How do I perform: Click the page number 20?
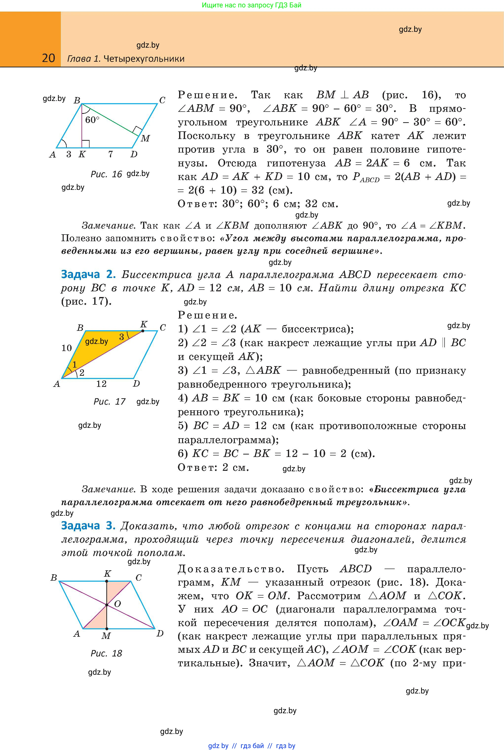(x=49, y=58)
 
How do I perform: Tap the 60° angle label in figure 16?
(x=92, y=120)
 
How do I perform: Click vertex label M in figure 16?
(x=145, y=138)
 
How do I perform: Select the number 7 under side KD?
(x=110, y=154)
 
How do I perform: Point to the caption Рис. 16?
(x=106, y=174)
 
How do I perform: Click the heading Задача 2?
(x=88, y=274)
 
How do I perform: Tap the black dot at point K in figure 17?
(x=143, y=331)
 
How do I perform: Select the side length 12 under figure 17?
(x=101, y=383)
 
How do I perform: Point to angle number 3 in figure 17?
(x=122, y=337)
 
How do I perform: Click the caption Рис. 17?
(x=109, y=401)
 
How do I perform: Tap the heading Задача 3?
(x=88, y=526)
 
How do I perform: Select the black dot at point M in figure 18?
(x=107, y=629)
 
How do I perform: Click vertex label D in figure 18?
(x=160, y=634)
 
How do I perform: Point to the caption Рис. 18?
(x=106, y=653)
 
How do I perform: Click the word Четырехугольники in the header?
(x=144, y=59)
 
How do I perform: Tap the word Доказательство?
(x=231, y=569)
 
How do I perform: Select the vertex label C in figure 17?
(x=163, y=328)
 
